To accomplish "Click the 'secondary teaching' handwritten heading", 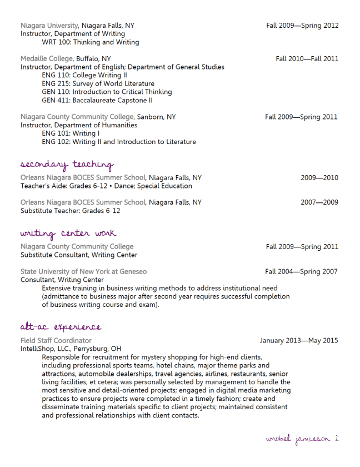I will coord(67,165).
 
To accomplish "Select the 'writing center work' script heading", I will coord(68,233).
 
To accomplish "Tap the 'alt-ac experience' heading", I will coord(61,327).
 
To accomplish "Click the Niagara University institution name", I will coord(50,26).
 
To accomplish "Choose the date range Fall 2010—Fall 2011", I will coord(307,58).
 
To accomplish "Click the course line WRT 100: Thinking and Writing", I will coord(90,42).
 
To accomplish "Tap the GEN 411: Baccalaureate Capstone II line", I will coord(97,100).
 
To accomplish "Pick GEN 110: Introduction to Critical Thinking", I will coord(107,92).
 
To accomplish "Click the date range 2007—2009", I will coord(319,202).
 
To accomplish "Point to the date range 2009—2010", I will coord(319,178).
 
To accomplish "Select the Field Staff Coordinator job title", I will coord(56,340).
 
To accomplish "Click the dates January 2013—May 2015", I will coord(299,340).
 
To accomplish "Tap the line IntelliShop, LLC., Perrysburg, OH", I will coord(71,349).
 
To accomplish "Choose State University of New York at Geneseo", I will coord(84,271).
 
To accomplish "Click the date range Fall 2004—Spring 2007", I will coord(301,271).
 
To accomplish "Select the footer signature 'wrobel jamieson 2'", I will coord(302,439).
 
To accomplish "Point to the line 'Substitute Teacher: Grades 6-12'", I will coord(70,211).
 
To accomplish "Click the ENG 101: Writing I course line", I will coord(71,133).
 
